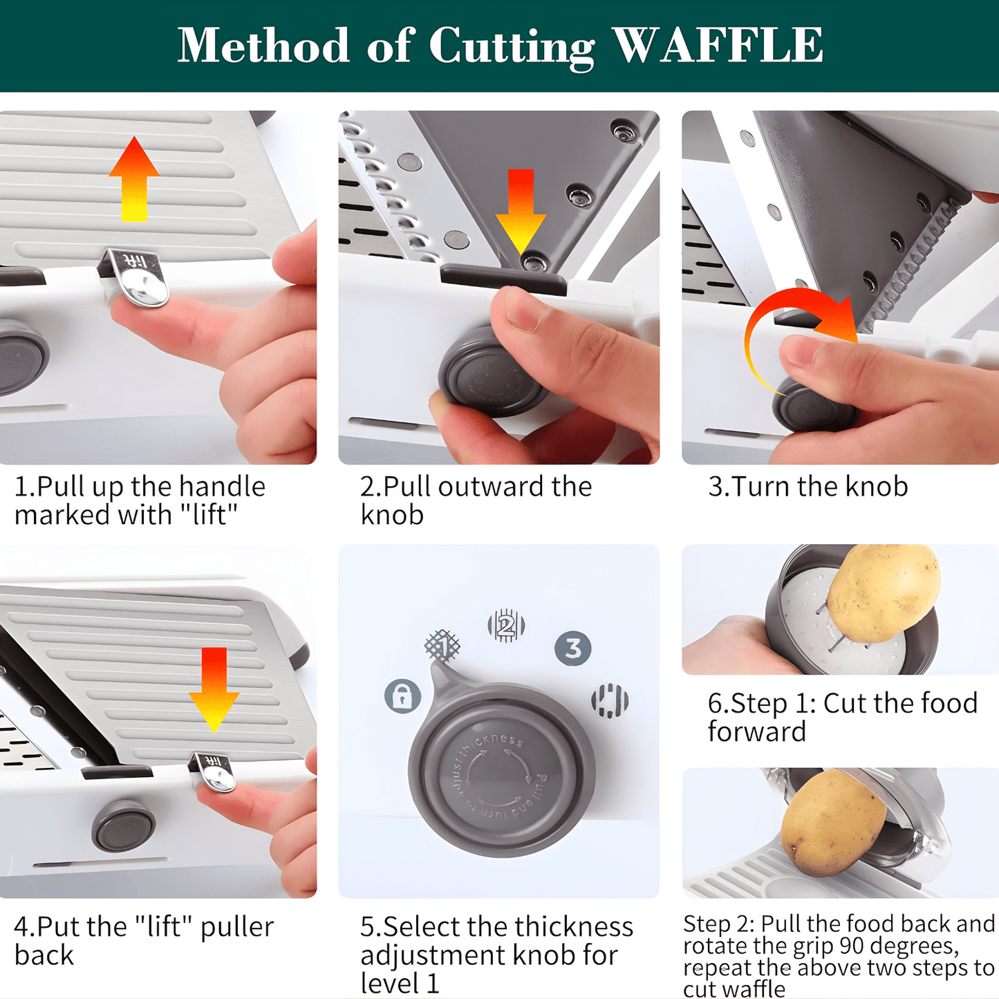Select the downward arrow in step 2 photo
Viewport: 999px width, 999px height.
pyautogui.click(x=521, y=212)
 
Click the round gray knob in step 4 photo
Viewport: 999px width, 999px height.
pyautogui.click(x=124, y=826)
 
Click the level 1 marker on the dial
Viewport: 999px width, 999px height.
pyautogui.click(x=442, y=646)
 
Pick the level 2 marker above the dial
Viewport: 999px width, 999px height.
pyautogui.click(x=506, y=626)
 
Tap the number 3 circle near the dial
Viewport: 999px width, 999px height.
pyautogui.click(x=573, y=648)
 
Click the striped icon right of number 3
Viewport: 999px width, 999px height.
pyautogui.click(x=609, y=700)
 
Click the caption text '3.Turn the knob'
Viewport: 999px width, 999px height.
pyautogui.click(x=807, y=487)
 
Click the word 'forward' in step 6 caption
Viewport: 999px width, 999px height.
pyautogui.click(x=757, y=732)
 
